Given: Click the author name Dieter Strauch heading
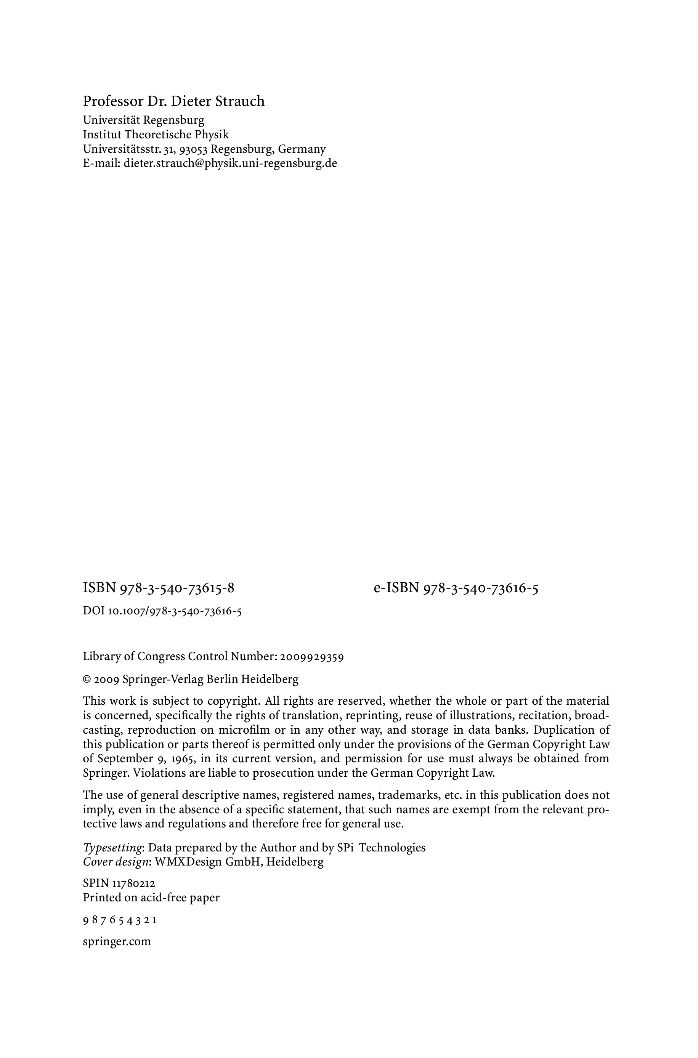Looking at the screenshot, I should (x=173, y=101).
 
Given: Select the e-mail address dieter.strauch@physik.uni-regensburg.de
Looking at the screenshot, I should (x=230, y=163).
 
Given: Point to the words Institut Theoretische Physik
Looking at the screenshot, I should (x=156, y=135).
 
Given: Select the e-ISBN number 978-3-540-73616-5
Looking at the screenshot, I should (x=481, y=588).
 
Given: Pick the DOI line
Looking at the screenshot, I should (x=162, y=611).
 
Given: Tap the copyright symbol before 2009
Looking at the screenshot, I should (x=87, y=680).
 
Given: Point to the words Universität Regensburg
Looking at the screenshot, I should (x=143, y=120).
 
